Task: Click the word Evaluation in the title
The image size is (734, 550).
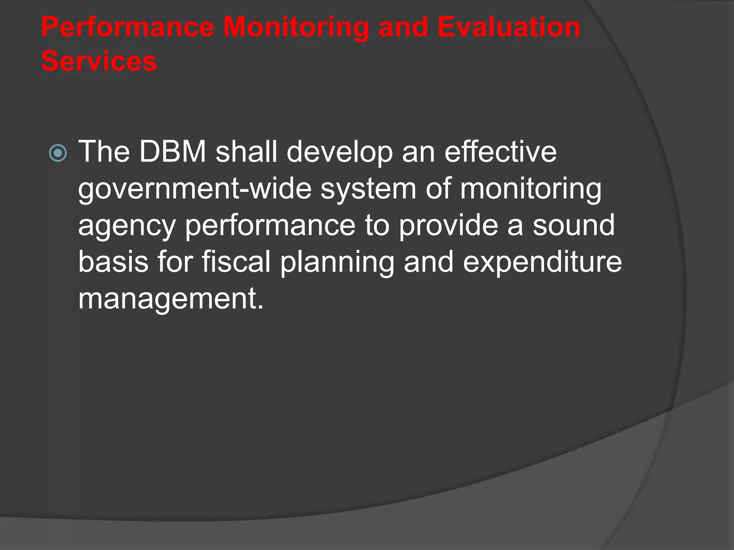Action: point(509,27)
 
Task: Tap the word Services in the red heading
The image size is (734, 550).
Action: point(99,61)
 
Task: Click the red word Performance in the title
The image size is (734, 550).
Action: point(128,27)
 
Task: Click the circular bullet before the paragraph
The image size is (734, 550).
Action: point(58,153)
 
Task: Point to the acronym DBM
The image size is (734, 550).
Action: point(172,152)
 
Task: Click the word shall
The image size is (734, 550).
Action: point(246,152)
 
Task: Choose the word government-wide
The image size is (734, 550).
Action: point(195,189)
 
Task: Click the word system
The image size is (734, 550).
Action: point(368,189)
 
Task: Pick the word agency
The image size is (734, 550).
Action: point(127,226)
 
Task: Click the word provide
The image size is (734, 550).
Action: point(448,226)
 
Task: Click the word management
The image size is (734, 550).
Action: point(171,299)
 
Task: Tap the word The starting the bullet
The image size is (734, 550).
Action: point(104,152)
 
